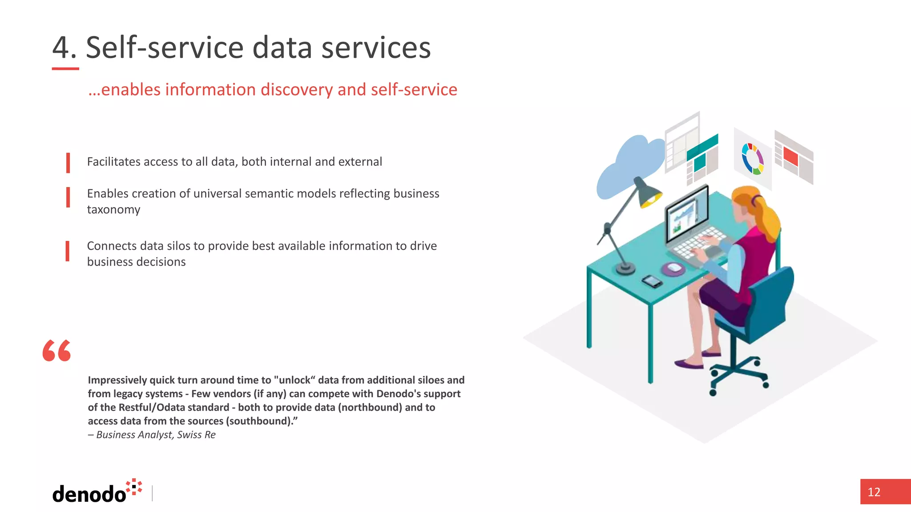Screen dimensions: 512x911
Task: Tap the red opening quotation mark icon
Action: click(56, 351)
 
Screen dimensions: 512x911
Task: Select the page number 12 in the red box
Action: click(874, 492)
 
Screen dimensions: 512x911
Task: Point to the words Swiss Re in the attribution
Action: click(196, 435)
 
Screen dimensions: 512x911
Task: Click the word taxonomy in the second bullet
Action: click(113, 209)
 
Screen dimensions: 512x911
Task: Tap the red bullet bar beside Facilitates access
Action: click(68, 162)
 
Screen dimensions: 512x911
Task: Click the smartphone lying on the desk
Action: click(652, 281)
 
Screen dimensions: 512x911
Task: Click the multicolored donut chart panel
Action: click(752, 159)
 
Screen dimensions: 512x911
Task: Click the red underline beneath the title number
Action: click(65, 69)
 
